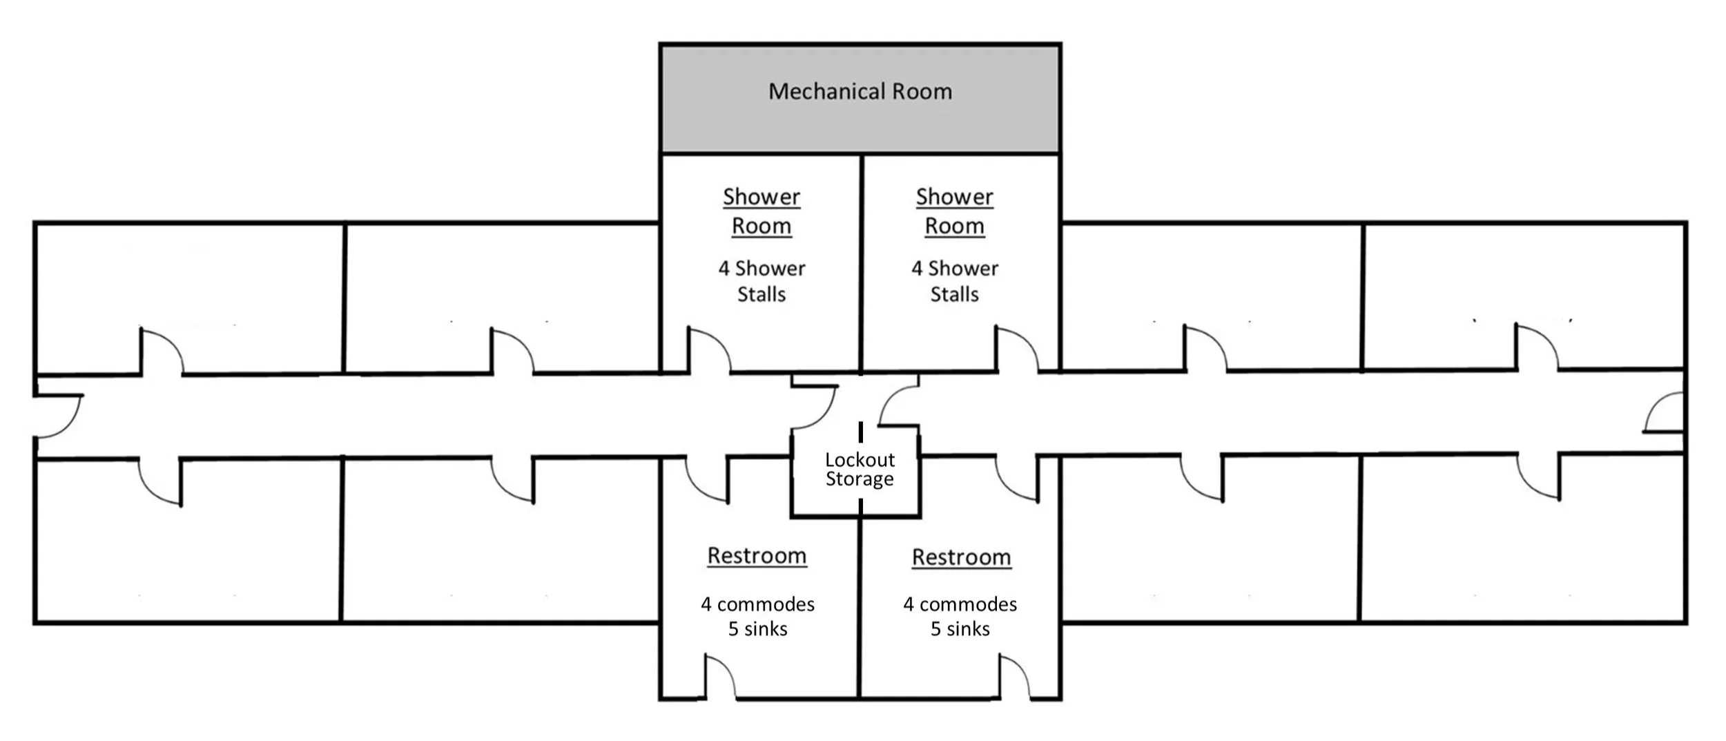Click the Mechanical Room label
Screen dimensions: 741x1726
coord(860,91)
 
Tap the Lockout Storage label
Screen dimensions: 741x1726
coord(860,470)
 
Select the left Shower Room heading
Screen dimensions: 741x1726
coord(762,211)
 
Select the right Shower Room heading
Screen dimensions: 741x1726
coord(955,211)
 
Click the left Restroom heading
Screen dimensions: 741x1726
coord(757,556)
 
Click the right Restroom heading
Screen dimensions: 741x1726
coord(961,557)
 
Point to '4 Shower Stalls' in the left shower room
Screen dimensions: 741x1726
coord(762,281)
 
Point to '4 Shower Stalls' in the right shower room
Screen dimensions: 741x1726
coord(955,281)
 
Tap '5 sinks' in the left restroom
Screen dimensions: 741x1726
coord(757,629)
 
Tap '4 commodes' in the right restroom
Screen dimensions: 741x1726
coord(960,604)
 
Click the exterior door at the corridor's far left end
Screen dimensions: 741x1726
coord(59,416)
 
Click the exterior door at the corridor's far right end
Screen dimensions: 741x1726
coord(1664,412)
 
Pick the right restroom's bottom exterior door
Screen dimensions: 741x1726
coord(1014,678)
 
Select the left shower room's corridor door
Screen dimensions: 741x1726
coord(708,351)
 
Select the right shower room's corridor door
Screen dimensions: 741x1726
coord(1016,349)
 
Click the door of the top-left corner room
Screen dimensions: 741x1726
coord(162,352)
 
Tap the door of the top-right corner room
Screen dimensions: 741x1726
coord(1536,347)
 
